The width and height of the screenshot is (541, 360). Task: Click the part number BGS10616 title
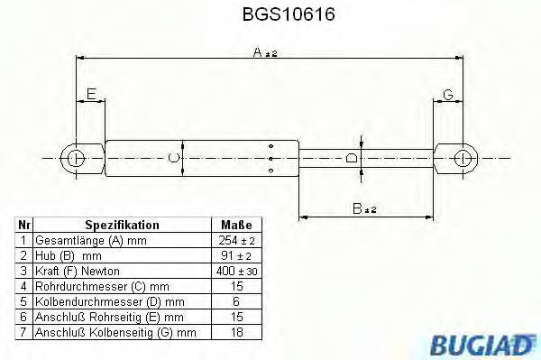tap(289, 14)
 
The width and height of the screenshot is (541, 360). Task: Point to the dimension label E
tap(91, 94)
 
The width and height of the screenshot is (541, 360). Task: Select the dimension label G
tap(447, 94)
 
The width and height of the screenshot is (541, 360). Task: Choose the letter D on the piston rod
tap(352, 158)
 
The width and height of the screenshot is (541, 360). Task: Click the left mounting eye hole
tap(76, 159)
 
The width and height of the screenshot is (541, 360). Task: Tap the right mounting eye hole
tap(463, 159)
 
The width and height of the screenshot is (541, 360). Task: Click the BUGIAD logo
tap(481, 345)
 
